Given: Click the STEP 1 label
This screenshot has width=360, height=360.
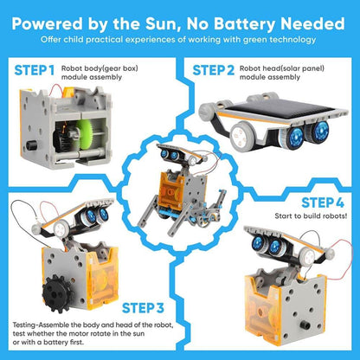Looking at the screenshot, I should (34, 67).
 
